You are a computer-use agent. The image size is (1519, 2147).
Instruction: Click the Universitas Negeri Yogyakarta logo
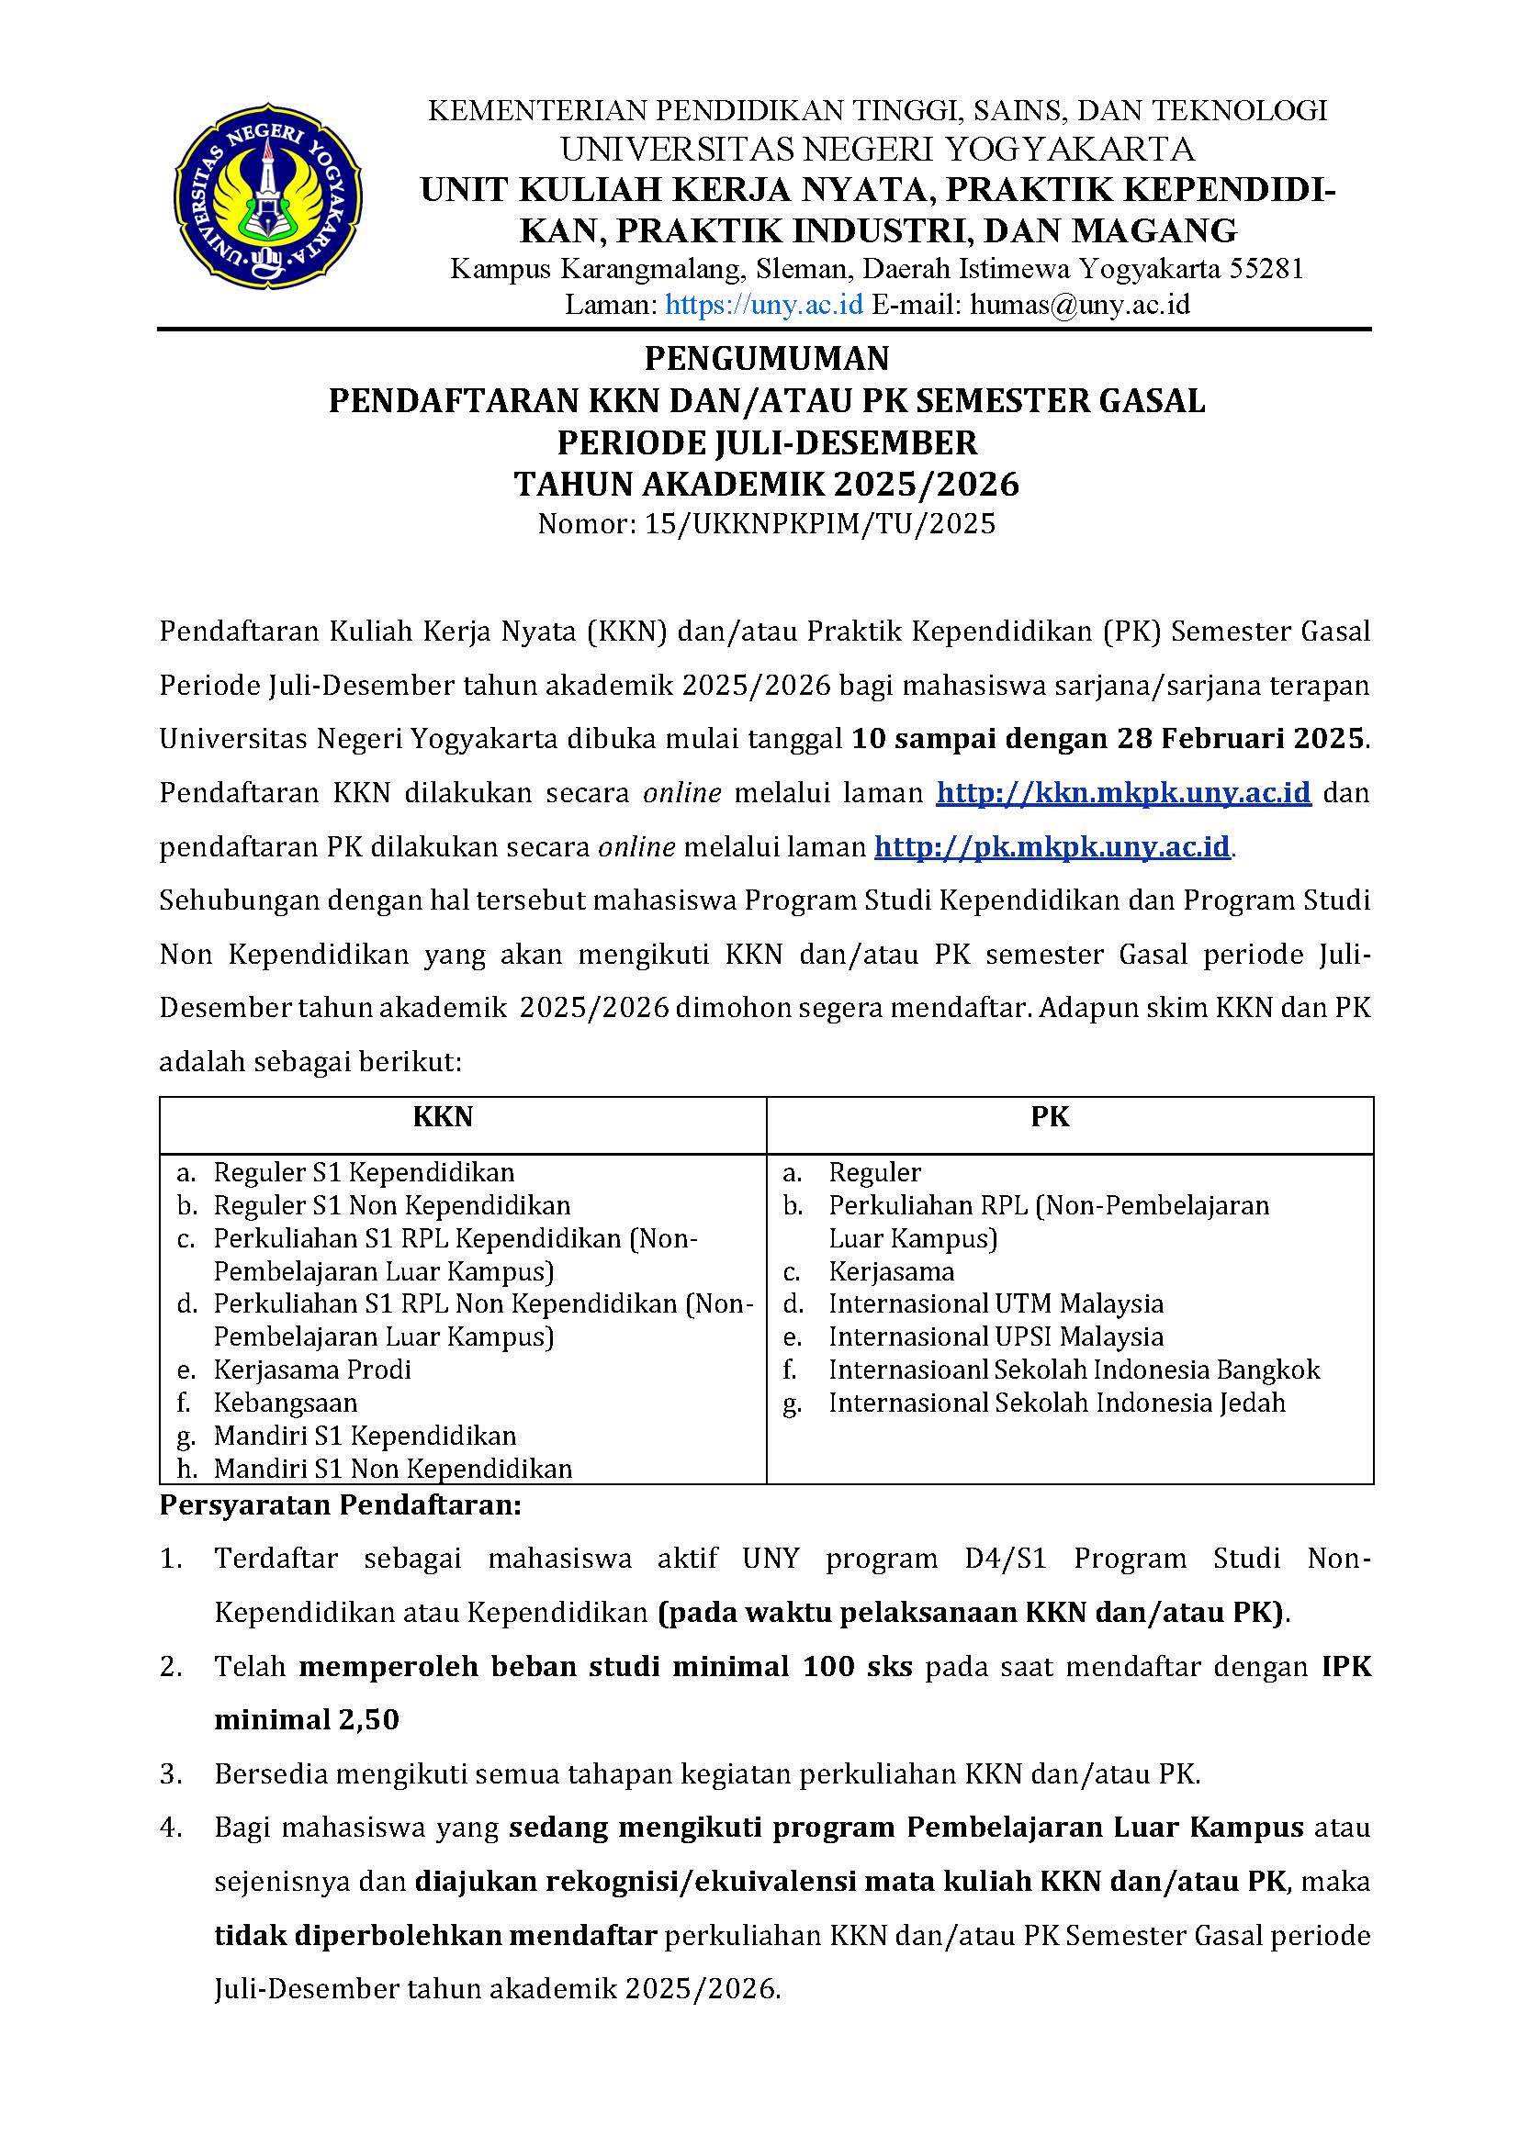pyautogui.click(x=267, y=196)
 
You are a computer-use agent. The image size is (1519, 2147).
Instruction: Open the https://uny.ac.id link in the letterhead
pyautogui.click(x=763, y=305)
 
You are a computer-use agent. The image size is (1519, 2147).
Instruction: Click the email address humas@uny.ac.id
pyautogui.click(x=1079, y=305)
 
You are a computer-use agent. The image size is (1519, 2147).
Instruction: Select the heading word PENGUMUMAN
pyautogui.click(x=767, y=358)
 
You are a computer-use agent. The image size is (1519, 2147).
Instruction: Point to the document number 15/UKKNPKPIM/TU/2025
pyautogui.click(x=819, y=523)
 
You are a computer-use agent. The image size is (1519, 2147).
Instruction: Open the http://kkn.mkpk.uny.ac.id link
pyautogui.click(x=1123, y=793)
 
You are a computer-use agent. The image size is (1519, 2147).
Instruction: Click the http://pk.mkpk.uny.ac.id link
pyautogui.click(x=1053, y=847)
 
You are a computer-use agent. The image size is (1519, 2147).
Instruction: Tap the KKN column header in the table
pyautogui.click(x=443, y=1116)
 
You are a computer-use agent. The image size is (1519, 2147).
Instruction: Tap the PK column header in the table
pyautogui.click(x=1051, y=1116)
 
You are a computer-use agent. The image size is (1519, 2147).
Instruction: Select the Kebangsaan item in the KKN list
pyautogui.click(x=286, y=1403)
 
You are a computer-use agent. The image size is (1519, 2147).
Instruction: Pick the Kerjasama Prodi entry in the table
pyautogui.click(x=312, y=1370)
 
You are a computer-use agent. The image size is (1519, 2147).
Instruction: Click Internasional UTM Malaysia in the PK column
pyautogui.click(x=996, y=1303)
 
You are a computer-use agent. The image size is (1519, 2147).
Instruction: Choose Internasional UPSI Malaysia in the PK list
pyautogui.click(x=996, y=1336)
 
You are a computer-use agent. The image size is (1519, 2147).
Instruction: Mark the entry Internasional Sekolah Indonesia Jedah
pyautogui.click(x=1056, y=1403)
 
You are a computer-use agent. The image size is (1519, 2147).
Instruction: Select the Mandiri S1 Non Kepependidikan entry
pyautogui.click(x=393, y=1468)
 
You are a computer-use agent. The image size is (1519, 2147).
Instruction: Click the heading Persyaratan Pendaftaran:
pyautogui.click(x=340, y=1505)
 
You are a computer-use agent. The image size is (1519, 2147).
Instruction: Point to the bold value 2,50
pyautogui.click(x=368, y=1719)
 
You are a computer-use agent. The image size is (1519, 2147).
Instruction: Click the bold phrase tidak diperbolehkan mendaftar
pyautogui.click(x=435, y=1935)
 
